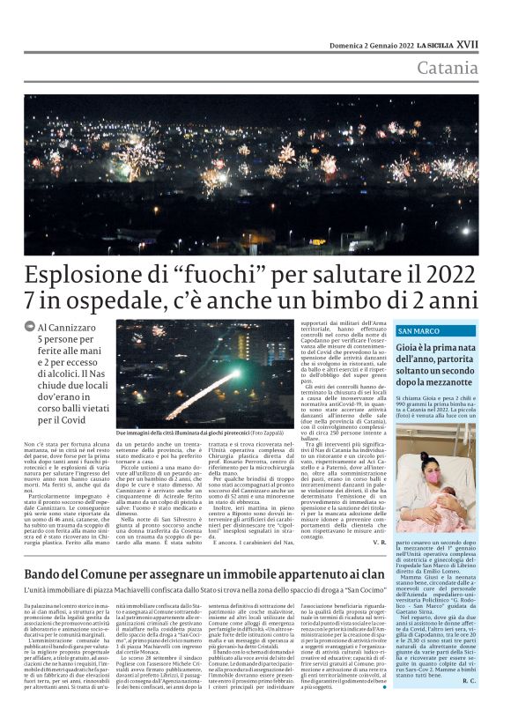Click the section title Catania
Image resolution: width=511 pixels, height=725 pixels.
473,68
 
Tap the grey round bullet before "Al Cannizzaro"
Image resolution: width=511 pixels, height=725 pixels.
31,327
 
